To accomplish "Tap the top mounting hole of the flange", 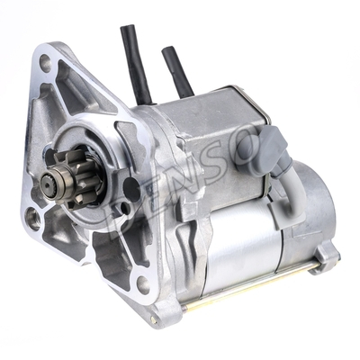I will click(44, 63).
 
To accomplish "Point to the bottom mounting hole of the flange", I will click(141, 286).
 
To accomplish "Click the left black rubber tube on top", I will click(136, 63).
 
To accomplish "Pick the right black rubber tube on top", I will click(176, 70).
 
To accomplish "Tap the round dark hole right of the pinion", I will click(131, 189).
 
